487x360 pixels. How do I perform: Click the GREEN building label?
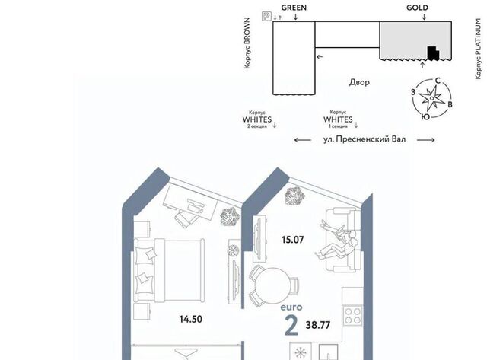tap(294, 8)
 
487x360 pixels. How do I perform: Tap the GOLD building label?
tap(417, 8)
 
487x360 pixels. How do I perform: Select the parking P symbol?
tap(266, 16)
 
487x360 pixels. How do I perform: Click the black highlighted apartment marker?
tap(433, 53)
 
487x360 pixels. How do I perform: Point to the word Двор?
tap(359, 82)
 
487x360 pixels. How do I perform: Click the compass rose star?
tap(431, 98)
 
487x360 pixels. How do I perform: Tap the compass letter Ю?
tap(426, 116)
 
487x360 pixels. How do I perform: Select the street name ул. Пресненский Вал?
tap(364, 139)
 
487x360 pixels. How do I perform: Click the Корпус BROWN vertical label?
tap(247, 43)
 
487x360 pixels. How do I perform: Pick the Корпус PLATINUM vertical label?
tap(478, 49)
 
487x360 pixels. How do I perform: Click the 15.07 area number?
tap(292, 240)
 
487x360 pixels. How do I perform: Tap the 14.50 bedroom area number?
tap(191, 319)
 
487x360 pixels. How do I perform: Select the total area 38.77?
tap(318, 325)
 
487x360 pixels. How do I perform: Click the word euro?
tap(291, 307)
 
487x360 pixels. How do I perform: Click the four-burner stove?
tap(353, 316)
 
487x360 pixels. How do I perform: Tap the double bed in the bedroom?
tap(169, 270)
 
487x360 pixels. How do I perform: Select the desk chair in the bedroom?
tap(184, 218)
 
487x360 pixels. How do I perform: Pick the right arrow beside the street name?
tap(425, 140)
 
